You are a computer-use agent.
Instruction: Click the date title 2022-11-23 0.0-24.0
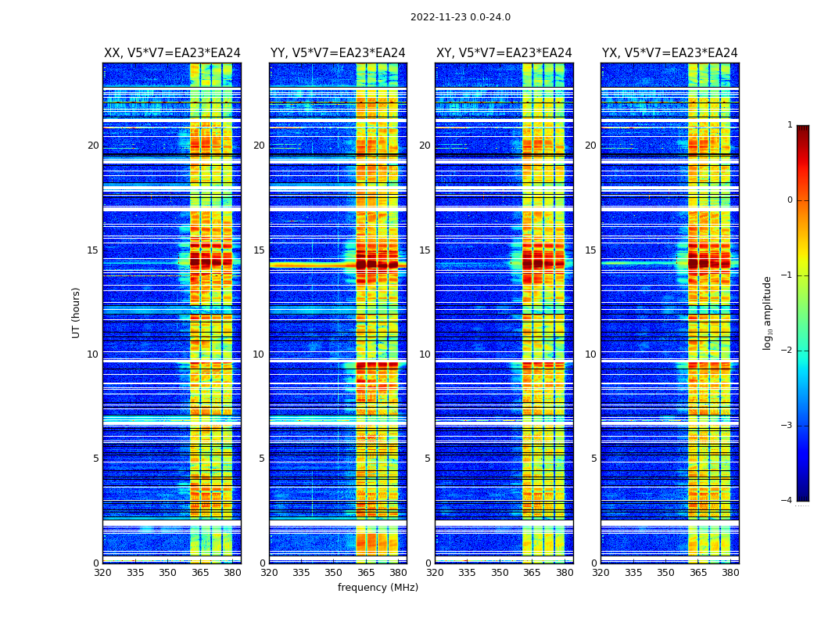(460, 17)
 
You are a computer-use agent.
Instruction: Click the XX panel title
(172, 53)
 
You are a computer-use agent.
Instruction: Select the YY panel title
(338, 53)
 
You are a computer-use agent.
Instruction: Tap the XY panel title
(504, 53)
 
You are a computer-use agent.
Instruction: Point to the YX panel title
(669, 53)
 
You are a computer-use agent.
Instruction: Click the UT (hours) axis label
(77, 312)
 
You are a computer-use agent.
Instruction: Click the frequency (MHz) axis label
(378, 588)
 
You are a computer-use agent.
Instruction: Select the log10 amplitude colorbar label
(768, 312)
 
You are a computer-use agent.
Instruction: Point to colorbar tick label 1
(790, 125)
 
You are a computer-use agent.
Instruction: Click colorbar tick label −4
(788, 501)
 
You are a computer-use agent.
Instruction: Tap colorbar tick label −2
(788, 351)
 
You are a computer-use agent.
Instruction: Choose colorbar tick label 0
(790, 200)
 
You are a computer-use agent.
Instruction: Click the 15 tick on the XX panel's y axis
(93, 250)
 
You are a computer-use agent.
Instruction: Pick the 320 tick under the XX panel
(102, 573)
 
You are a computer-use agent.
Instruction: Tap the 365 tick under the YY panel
(366, 573)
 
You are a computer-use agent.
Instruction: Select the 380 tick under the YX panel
(730, 573)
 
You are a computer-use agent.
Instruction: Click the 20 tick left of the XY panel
(425, 146)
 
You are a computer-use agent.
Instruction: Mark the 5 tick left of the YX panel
(593, 459)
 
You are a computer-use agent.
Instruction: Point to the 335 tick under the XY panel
(467, 573)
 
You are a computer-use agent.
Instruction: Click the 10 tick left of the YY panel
(259, 354)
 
